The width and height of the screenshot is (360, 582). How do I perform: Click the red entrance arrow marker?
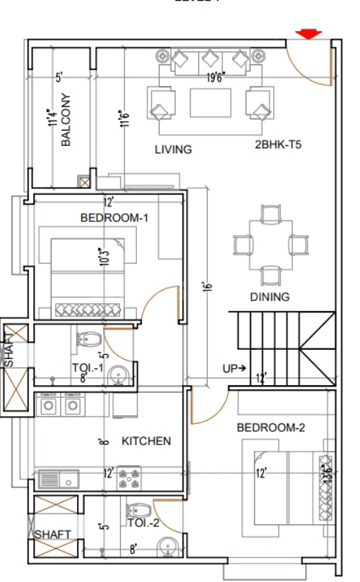pyautogui.click(x=308, y=34)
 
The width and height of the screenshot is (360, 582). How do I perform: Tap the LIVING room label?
pyautogui.click(x=174, y=149)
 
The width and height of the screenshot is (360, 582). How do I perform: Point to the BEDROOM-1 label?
pyautogui.click(x=114, y=218)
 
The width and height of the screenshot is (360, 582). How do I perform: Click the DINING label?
pyautogui.click(x=270, y=297)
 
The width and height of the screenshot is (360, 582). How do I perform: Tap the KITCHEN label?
pyautogui.click(x=147, y=441)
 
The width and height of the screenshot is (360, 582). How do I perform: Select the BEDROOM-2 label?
pyautogui.click(x=270, y=428)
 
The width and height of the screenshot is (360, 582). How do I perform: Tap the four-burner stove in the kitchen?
pyautogui.click(x=130, y=478)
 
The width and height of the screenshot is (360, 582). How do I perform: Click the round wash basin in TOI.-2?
pyautogui.click(x=167, y=546)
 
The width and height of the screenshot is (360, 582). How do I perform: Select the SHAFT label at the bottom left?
pyautogui.click(x=53, y=534)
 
